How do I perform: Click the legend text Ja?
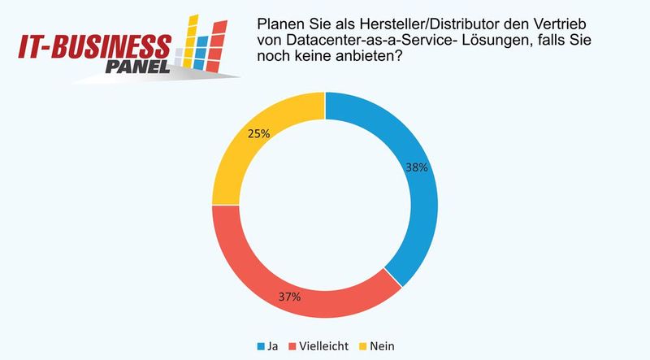[x=275, y=345]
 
